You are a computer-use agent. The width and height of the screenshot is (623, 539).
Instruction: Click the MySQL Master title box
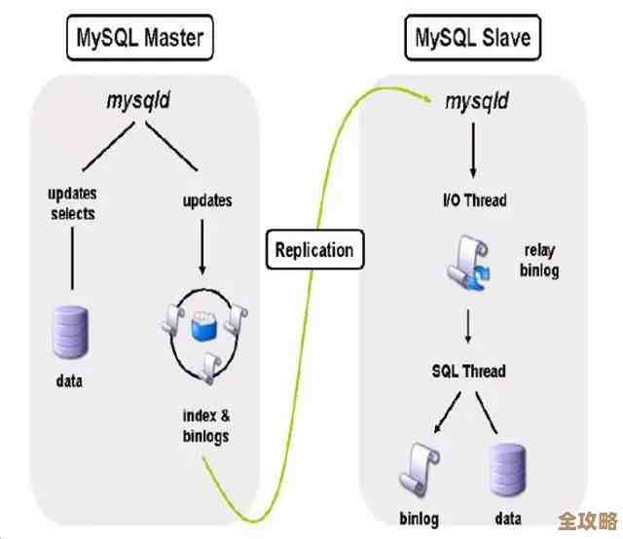tap(140, 40)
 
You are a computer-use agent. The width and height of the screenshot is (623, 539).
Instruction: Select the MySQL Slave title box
tap(472, 40)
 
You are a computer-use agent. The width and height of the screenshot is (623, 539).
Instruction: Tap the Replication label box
tap(314, 250)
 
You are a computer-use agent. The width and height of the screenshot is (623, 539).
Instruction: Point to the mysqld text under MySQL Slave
tap(477, 100)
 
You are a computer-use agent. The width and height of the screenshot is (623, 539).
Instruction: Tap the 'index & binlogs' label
tap(206, 426)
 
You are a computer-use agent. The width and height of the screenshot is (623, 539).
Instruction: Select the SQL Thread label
tap(469, 372)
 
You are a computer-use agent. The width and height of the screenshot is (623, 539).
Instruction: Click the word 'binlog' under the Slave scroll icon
tap(419, 519)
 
